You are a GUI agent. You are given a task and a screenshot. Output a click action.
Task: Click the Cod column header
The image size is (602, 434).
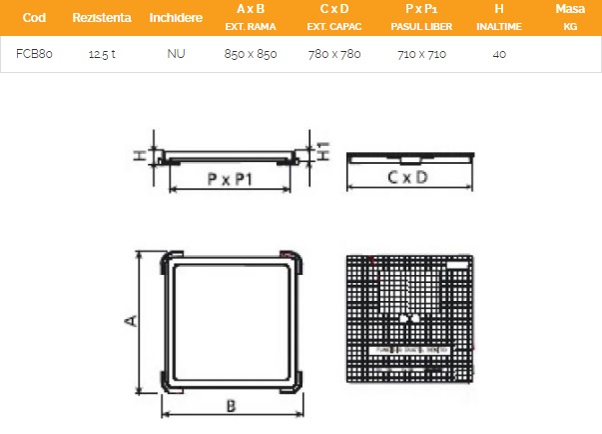pos(34,18)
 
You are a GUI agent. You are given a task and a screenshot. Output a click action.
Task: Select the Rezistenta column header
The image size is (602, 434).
pos(102,18)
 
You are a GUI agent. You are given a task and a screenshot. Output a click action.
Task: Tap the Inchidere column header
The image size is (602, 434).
pos(176,18)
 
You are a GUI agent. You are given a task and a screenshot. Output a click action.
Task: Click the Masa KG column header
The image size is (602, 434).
pos(570,17)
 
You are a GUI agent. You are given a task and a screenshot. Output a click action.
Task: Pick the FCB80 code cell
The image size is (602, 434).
pos(34,54)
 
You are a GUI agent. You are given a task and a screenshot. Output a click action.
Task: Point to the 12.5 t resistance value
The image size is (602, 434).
pos(102,54)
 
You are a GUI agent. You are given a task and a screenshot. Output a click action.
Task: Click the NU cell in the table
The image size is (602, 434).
pos(176,54)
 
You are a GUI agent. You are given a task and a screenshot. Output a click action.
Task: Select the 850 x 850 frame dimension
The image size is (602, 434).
pos(251,54)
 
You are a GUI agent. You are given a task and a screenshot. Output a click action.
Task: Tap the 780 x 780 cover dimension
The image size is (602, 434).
pos(334,54)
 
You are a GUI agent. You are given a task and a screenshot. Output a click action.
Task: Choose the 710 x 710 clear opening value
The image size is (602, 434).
pos(421,54)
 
